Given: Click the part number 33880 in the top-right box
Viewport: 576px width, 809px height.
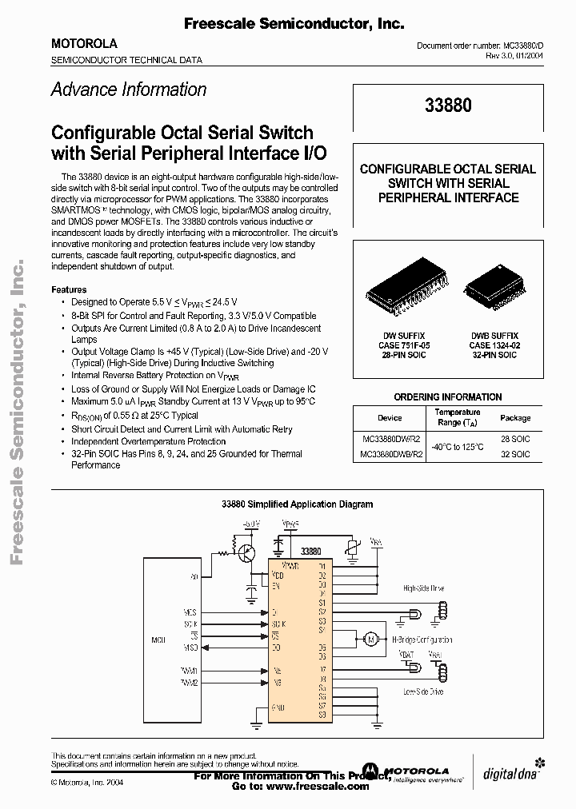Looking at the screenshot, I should (448, 106).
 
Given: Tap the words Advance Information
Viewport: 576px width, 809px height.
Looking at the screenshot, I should (129, 90).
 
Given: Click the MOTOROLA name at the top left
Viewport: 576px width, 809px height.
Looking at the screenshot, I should (84, 44).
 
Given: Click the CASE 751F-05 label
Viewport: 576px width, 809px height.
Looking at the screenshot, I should (404, 345).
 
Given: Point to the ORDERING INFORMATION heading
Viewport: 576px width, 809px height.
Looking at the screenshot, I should (448, 397).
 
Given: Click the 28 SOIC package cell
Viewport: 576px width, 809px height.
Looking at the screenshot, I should (515, 439).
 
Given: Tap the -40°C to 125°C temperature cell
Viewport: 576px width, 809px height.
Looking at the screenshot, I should (458, 446).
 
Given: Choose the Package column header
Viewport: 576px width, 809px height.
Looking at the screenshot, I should (515, 417).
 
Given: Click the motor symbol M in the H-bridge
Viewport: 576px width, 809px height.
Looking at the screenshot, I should (370, 639).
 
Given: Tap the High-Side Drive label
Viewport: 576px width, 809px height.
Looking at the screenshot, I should (423, 588).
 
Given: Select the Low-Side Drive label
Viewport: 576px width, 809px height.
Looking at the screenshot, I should (423, 691).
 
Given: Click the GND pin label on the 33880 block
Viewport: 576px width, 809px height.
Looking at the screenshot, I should (278, 707).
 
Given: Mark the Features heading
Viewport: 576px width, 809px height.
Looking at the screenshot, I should (69, 289).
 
